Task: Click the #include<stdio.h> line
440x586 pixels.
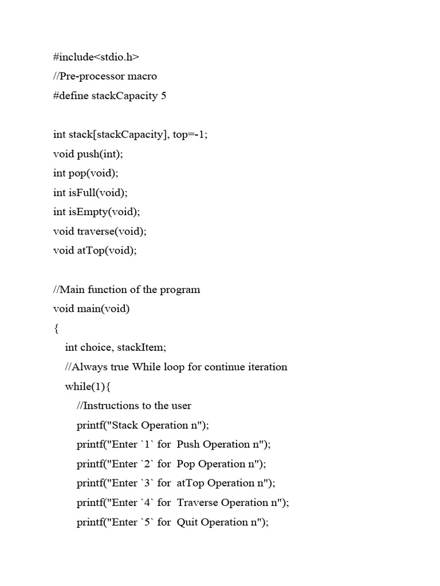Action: (x=96, y=57)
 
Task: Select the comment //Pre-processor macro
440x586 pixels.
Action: (x=105, y=76)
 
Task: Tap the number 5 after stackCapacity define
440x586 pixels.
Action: (x=164, y=96)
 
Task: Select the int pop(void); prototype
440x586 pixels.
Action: (x=86, y=173)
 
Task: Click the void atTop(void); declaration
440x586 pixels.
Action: (x=95, y=251)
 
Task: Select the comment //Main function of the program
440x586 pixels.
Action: (x=127, y=290)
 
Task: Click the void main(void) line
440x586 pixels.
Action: (x=92, y=309)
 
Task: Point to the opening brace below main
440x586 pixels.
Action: (x=56, y=328)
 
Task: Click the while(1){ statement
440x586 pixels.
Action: (x=88, y=386)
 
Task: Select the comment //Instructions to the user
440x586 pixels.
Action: (x=134, y=406)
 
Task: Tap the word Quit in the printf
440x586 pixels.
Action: (x=187, y=522)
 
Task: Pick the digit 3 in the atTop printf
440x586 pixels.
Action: (x=147, y=483)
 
